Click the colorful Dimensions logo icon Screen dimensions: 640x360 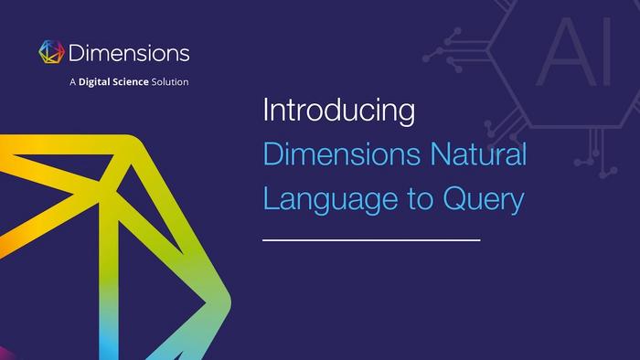[51, 52]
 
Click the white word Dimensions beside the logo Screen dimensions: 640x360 [129, 53]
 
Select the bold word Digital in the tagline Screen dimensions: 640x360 [94, 82]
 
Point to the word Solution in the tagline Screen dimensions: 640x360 [170, 82]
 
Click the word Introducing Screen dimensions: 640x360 [339, 110]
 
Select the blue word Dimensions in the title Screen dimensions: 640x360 [342, 154]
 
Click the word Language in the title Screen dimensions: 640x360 [331, 199]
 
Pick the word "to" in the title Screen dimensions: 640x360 [421, 200]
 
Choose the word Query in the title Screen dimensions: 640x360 [484, 200]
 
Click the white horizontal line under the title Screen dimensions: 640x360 [371, 240]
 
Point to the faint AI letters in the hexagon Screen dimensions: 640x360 [574, 52]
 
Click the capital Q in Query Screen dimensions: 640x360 [455, 198]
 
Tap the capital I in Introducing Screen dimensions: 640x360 [266, 110]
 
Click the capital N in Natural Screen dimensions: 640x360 [441, 154]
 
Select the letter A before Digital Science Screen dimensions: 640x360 [73, 82]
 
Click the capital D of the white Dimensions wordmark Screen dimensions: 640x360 [76, 53]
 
